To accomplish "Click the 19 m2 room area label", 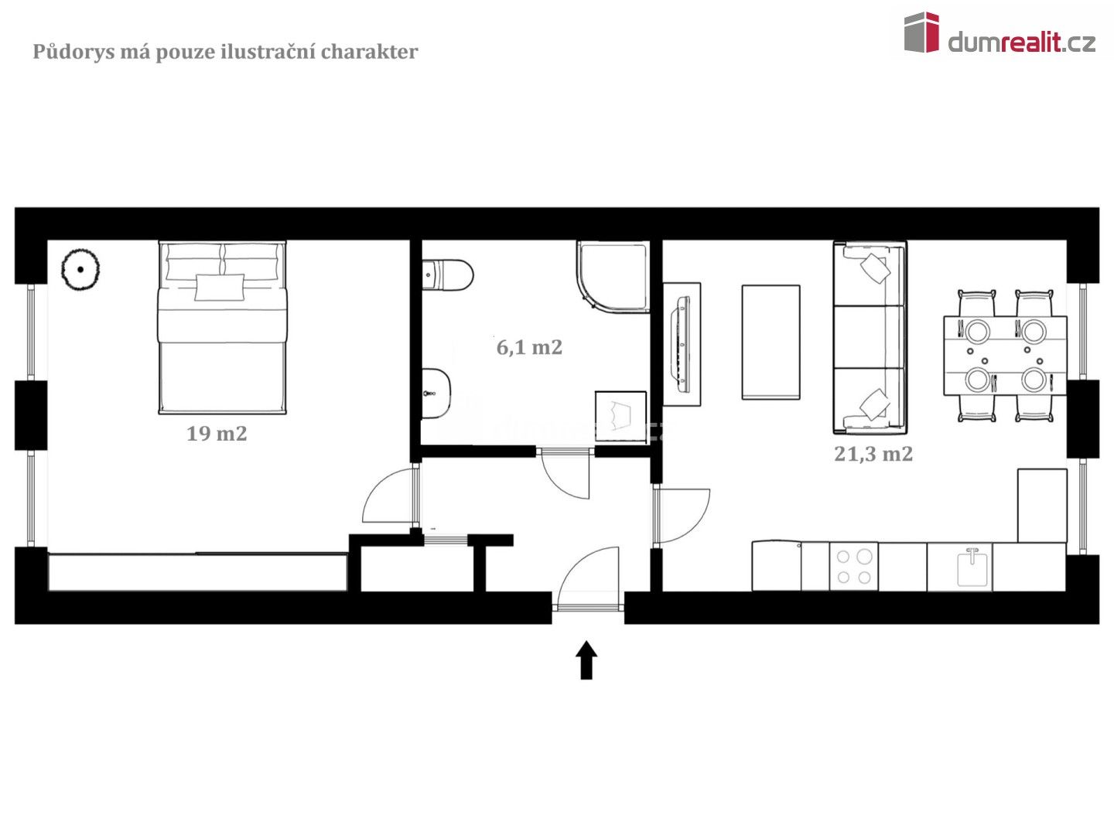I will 217,434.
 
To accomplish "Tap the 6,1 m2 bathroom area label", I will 529,348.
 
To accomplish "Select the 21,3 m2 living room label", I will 873,454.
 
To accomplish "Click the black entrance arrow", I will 586,659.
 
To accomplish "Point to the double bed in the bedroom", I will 222,327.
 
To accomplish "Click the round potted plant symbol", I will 80,270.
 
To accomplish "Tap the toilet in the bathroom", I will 449,275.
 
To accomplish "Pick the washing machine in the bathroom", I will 620,417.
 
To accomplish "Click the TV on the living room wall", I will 682,343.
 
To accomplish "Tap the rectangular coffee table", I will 771,342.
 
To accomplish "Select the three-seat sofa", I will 869,337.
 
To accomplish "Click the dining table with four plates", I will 1005,356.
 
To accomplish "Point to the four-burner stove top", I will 854,567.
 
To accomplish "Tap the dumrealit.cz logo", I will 1000,35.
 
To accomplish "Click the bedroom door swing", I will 388,498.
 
